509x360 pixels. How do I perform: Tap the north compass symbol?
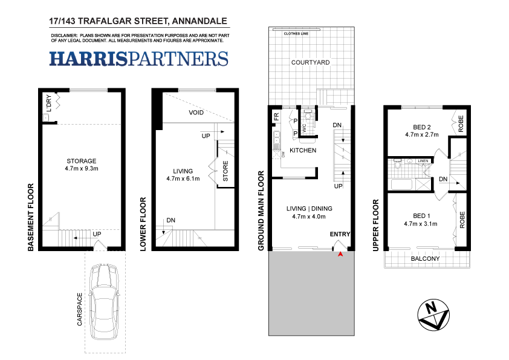(433, 314)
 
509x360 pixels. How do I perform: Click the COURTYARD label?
(310, 62)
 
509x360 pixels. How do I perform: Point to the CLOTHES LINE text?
(296, 34)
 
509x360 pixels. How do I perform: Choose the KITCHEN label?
(303, 150)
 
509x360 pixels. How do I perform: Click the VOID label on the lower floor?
(196, 113)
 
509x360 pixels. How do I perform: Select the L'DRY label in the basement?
(48, 103)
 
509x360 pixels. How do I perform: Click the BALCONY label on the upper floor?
(425, 259)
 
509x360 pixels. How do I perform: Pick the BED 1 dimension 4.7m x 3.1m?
(421, 224)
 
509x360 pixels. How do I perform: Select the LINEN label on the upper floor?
(423, 162)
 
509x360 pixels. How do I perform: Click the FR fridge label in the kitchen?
(276, 116)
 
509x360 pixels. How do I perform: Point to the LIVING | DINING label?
(309, 208)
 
